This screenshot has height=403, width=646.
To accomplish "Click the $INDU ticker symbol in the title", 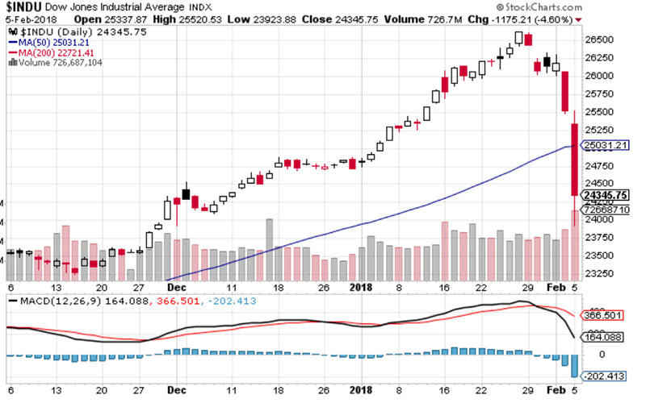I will pyautogui.click(x=24, y=7).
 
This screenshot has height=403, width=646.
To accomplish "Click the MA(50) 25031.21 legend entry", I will pyautogui.click(x=49, y=42).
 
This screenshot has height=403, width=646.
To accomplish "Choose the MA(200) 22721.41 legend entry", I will pyautogui.click(x=51, y=52).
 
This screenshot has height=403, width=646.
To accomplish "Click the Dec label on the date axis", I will pyautogui.click(x=175, y=286).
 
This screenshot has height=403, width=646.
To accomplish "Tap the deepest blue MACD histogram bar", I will pyautogui.click(x=574, y=366).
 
